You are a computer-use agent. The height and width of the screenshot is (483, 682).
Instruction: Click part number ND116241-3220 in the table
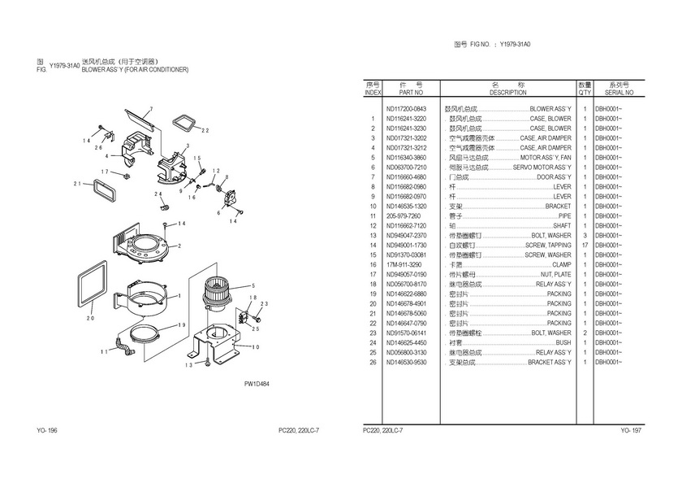coord(406,119)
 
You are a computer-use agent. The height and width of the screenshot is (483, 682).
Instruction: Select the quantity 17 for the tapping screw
coord(584,246)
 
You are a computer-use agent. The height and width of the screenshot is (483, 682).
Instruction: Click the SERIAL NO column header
coord(619,94)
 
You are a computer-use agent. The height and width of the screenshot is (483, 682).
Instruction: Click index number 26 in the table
coord(373,362)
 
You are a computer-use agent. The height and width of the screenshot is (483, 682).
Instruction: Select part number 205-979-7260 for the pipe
coord(404,216)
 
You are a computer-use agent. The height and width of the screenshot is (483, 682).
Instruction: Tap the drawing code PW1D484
coord(256,385)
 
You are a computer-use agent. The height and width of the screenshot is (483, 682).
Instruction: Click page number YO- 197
coord(631,429)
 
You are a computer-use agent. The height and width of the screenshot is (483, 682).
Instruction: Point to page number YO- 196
coord(46,429)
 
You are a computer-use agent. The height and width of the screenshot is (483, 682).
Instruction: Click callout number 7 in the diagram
coord(150,108)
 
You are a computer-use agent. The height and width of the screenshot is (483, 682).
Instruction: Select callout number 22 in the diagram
coord(205,130)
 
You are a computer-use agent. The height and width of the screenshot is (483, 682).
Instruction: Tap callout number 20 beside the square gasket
coord(91,318)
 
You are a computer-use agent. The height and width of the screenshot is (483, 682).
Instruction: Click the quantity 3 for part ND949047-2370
coord(584,236)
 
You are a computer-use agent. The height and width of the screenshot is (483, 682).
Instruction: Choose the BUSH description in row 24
coord(563,342)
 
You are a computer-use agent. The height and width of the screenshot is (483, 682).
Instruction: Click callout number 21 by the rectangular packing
coord(77,184)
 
